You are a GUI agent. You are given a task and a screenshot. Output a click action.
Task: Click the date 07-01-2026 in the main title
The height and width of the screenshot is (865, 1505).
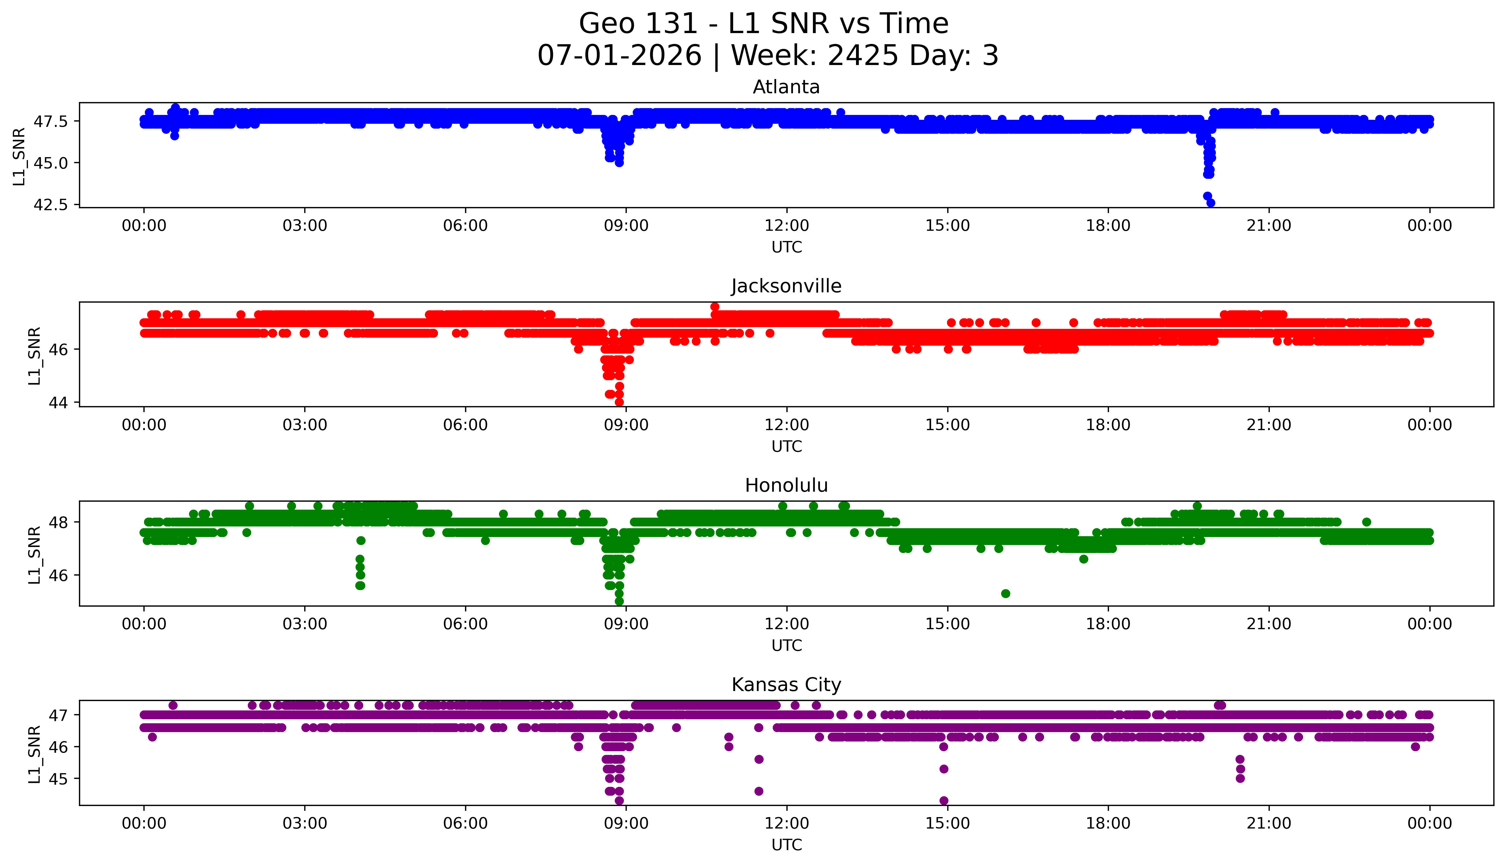tap(619, 56)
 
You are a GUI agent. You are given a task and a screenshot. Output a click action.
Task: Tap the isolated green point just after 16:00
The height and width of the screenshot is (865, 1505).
tap(1005, 593)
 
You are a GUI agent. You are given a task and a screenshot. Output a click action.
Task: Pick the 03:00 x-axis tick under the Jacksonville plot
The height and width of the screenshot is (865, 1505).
tap(305, 425)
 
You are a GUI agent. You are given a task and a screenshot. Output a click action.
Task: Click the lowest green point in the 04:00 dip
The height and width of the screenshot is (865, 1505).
tap(360, 586)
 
